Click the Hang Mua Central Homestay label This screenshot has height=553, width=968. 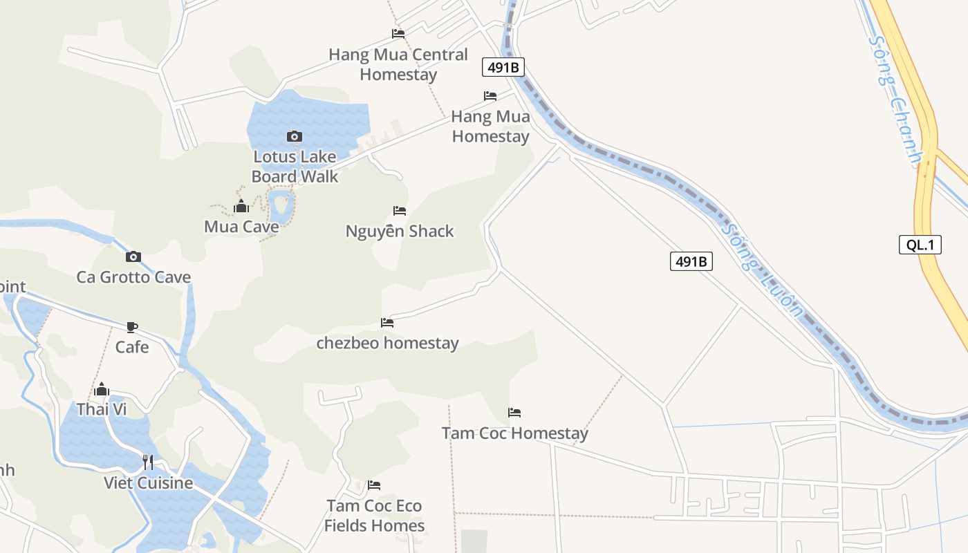coord(398,64)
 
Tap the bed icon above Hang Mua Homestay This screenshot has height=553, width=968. coord(490,96)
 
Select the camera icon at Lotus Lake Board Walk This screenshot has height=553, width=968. coord(294,137)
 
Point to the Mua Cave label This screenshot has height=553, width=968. coord(241,227)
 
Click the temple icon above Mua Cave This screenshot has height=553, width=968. coord(241,206)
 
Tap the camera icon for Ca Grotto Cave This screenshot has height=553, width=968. coord(133,257)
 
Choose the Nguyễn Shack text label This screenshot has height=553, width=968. coord(400,231)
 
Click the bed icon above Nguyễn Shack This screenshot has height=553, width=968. coord(400,211)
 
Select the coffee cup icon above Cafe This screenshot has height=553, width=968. coord(132,327)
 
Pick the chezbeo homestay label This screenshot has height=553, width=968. coord(387,343)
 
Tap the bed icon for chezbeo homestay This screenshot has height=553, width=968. coord(387,323)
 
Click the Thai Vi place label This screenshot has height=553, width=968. coord(102,409)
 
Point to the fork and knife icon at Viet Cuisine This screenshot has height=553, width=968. coord(148,462)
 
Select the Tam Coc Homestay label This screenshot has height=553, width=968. coord(514,433)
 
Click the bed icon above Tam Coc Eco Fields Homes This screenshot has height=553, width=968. coord(374,485)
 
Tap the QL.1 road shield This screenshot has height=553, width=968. coord(920,245)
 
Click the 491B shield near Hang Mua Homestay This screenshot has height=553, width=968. coord(503,67)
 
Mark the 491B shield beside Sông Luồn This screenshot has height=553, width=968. coord(691,261)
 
